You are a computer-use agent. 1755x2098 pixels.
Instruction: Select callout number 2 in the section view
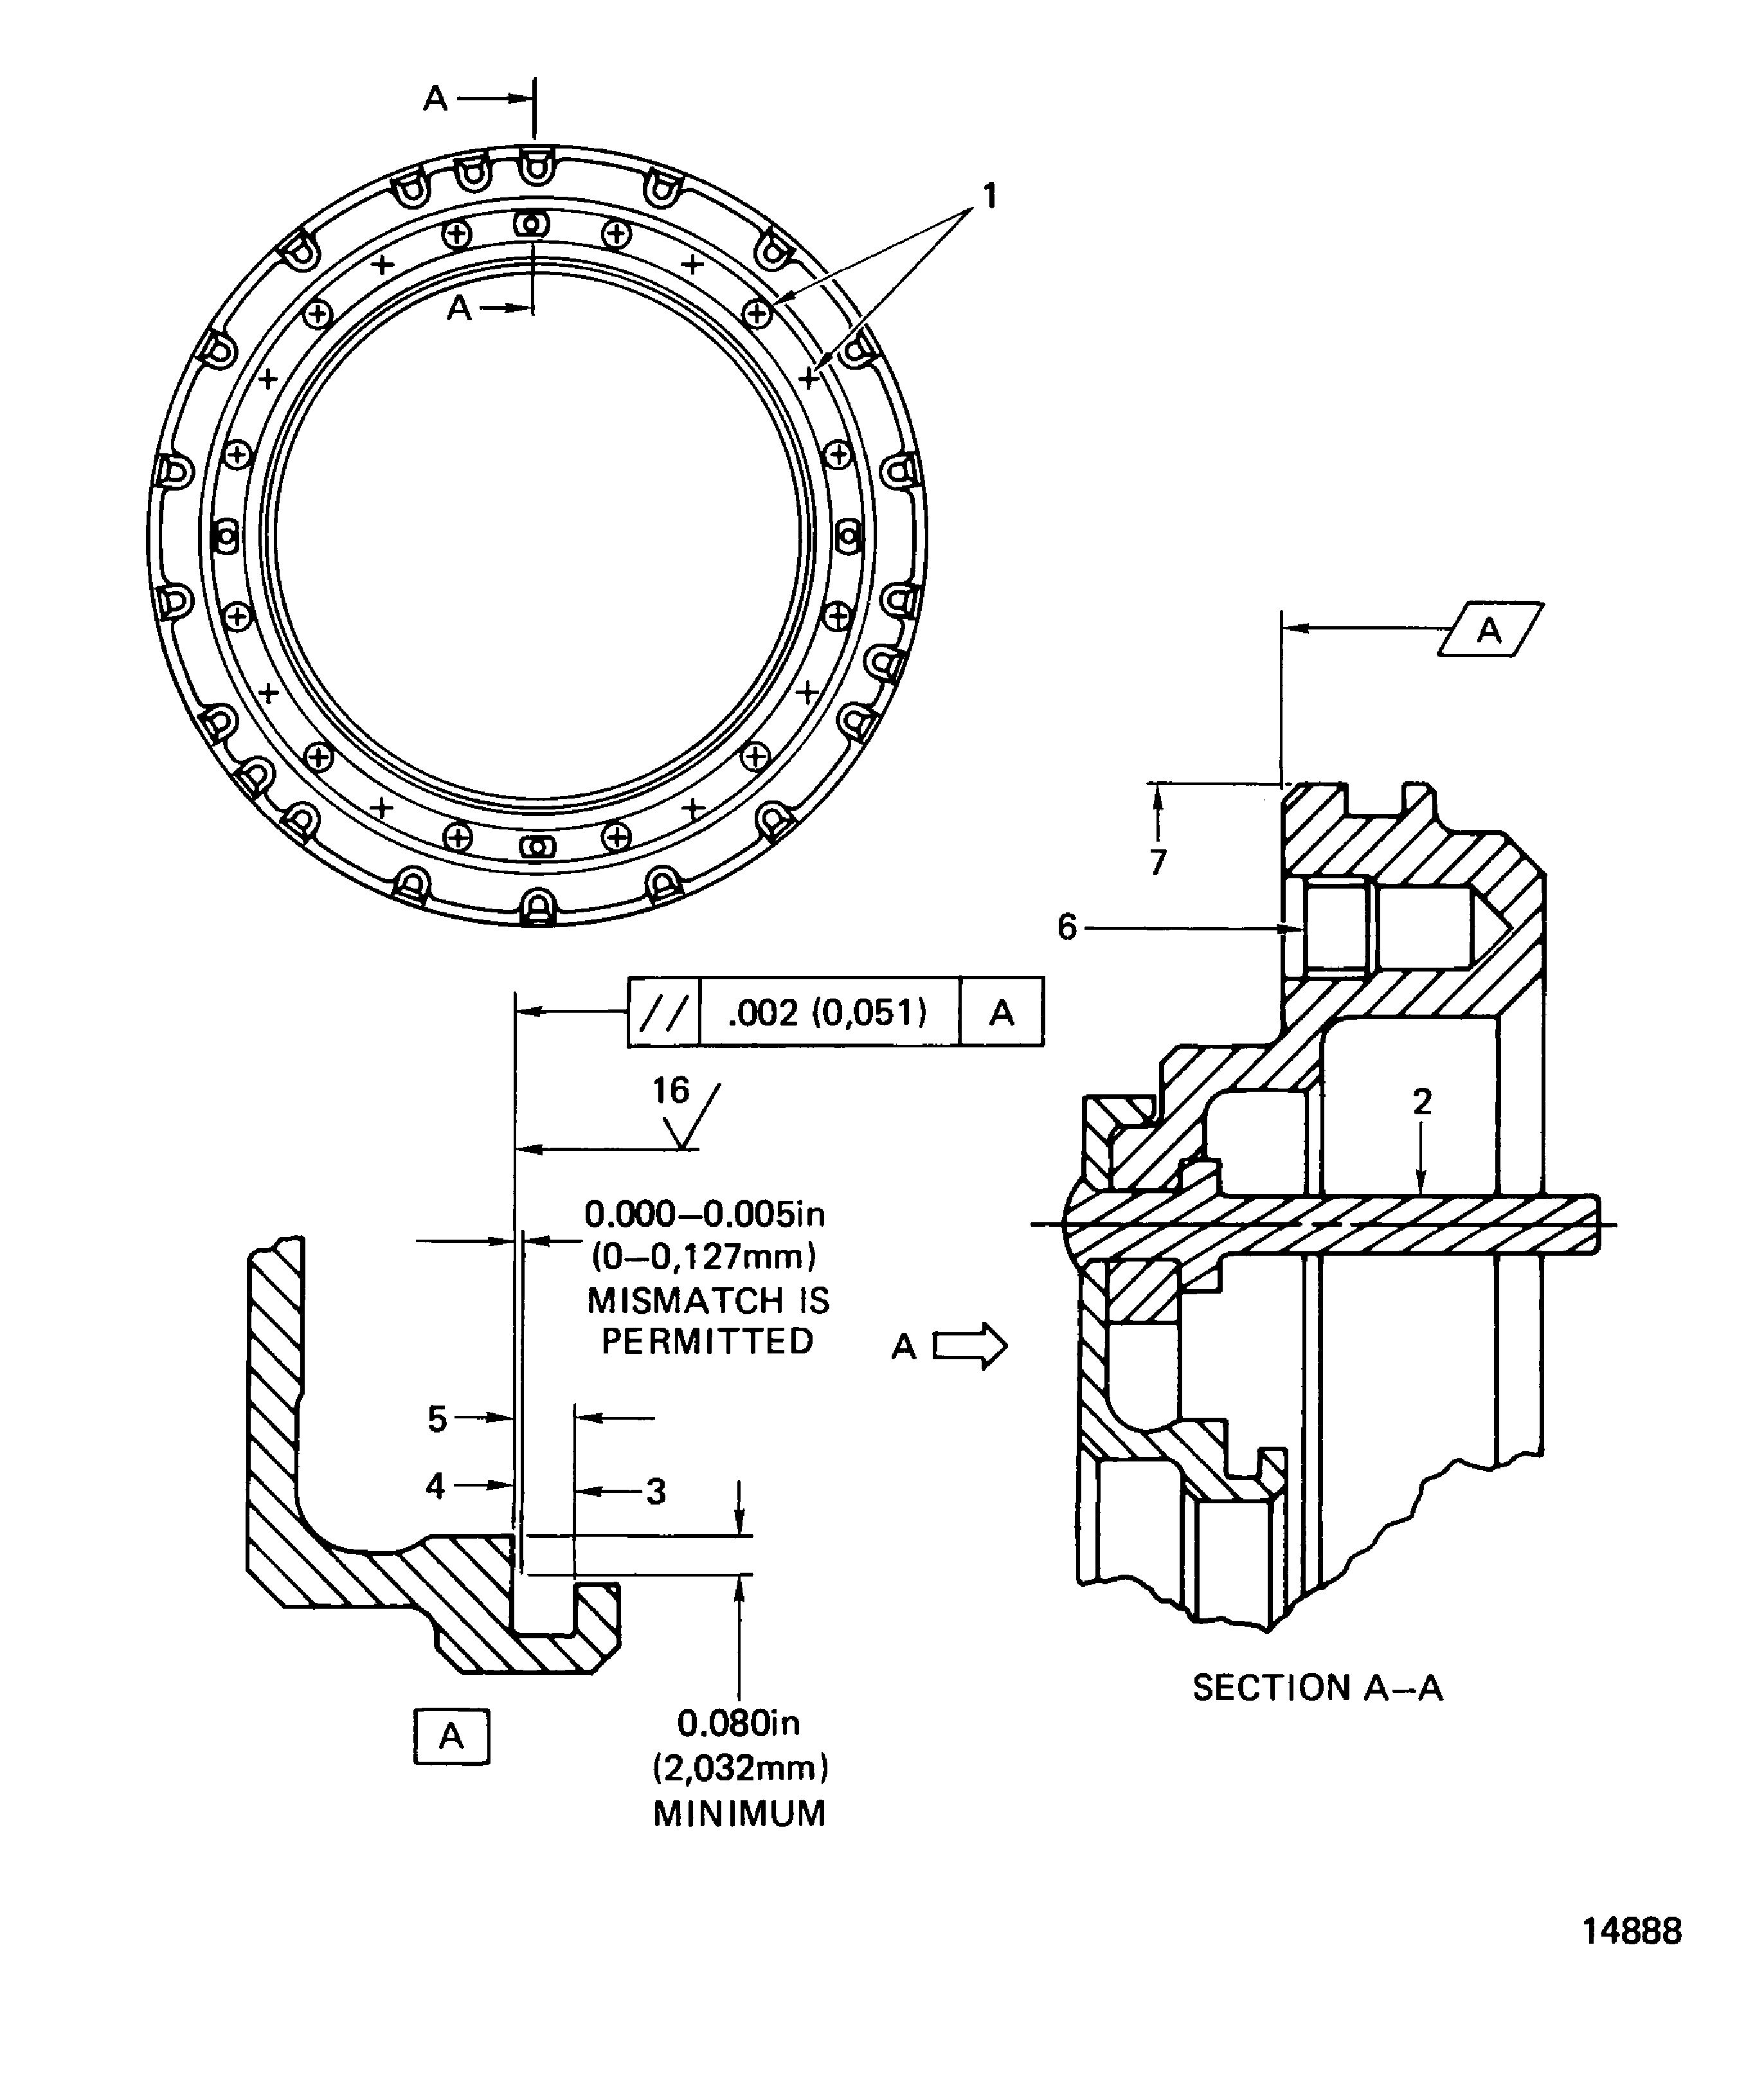click(1421, 1102)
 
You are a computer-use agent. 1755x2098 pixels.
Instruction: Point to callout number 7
click(1158, 861)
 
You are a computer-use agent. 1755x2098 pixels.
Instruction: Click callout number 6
click(1066, 928)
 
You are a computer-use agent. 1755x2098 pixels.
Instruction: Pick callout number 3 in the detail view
click(655, 1492)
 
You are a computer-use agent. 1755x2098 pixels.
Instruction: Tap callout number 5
click(437, 1418)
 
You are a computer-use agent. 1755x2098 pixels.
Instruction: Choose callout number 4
click(435, 1487)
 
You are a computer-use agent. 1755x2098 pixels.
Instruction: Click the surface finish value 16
click(670, 1090)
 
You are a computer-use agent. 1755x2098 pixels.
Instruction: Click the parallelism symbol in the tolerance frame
click(664, 1013)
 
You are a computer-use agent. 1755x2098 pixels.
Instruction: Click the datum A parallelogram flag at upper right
click(1489, 629)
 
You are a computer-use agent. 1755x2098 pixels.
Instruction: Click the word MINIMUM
click(739, 1813)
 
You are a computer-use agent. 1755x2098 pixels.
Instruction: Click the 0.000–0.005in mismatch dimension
click(704, 1215)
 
